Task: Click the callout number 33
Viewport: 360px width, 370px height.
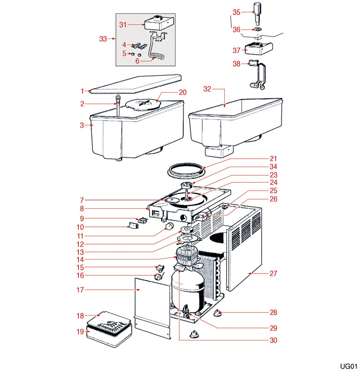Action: pyautogui.click(x=103, y=39)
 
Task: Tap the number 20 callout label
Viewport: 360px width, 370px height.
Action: pyautogui.click(x=182, y=92)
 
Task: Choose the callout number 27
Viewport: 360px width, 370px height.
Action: pyautogui.click(x=273, y=274)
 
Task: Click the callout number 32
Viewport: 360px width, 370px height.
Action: pyautogui.click(x=207, y=89)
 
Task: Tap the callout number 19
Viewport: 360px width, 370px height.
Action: pyautogui.click(x=80, y=332)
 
